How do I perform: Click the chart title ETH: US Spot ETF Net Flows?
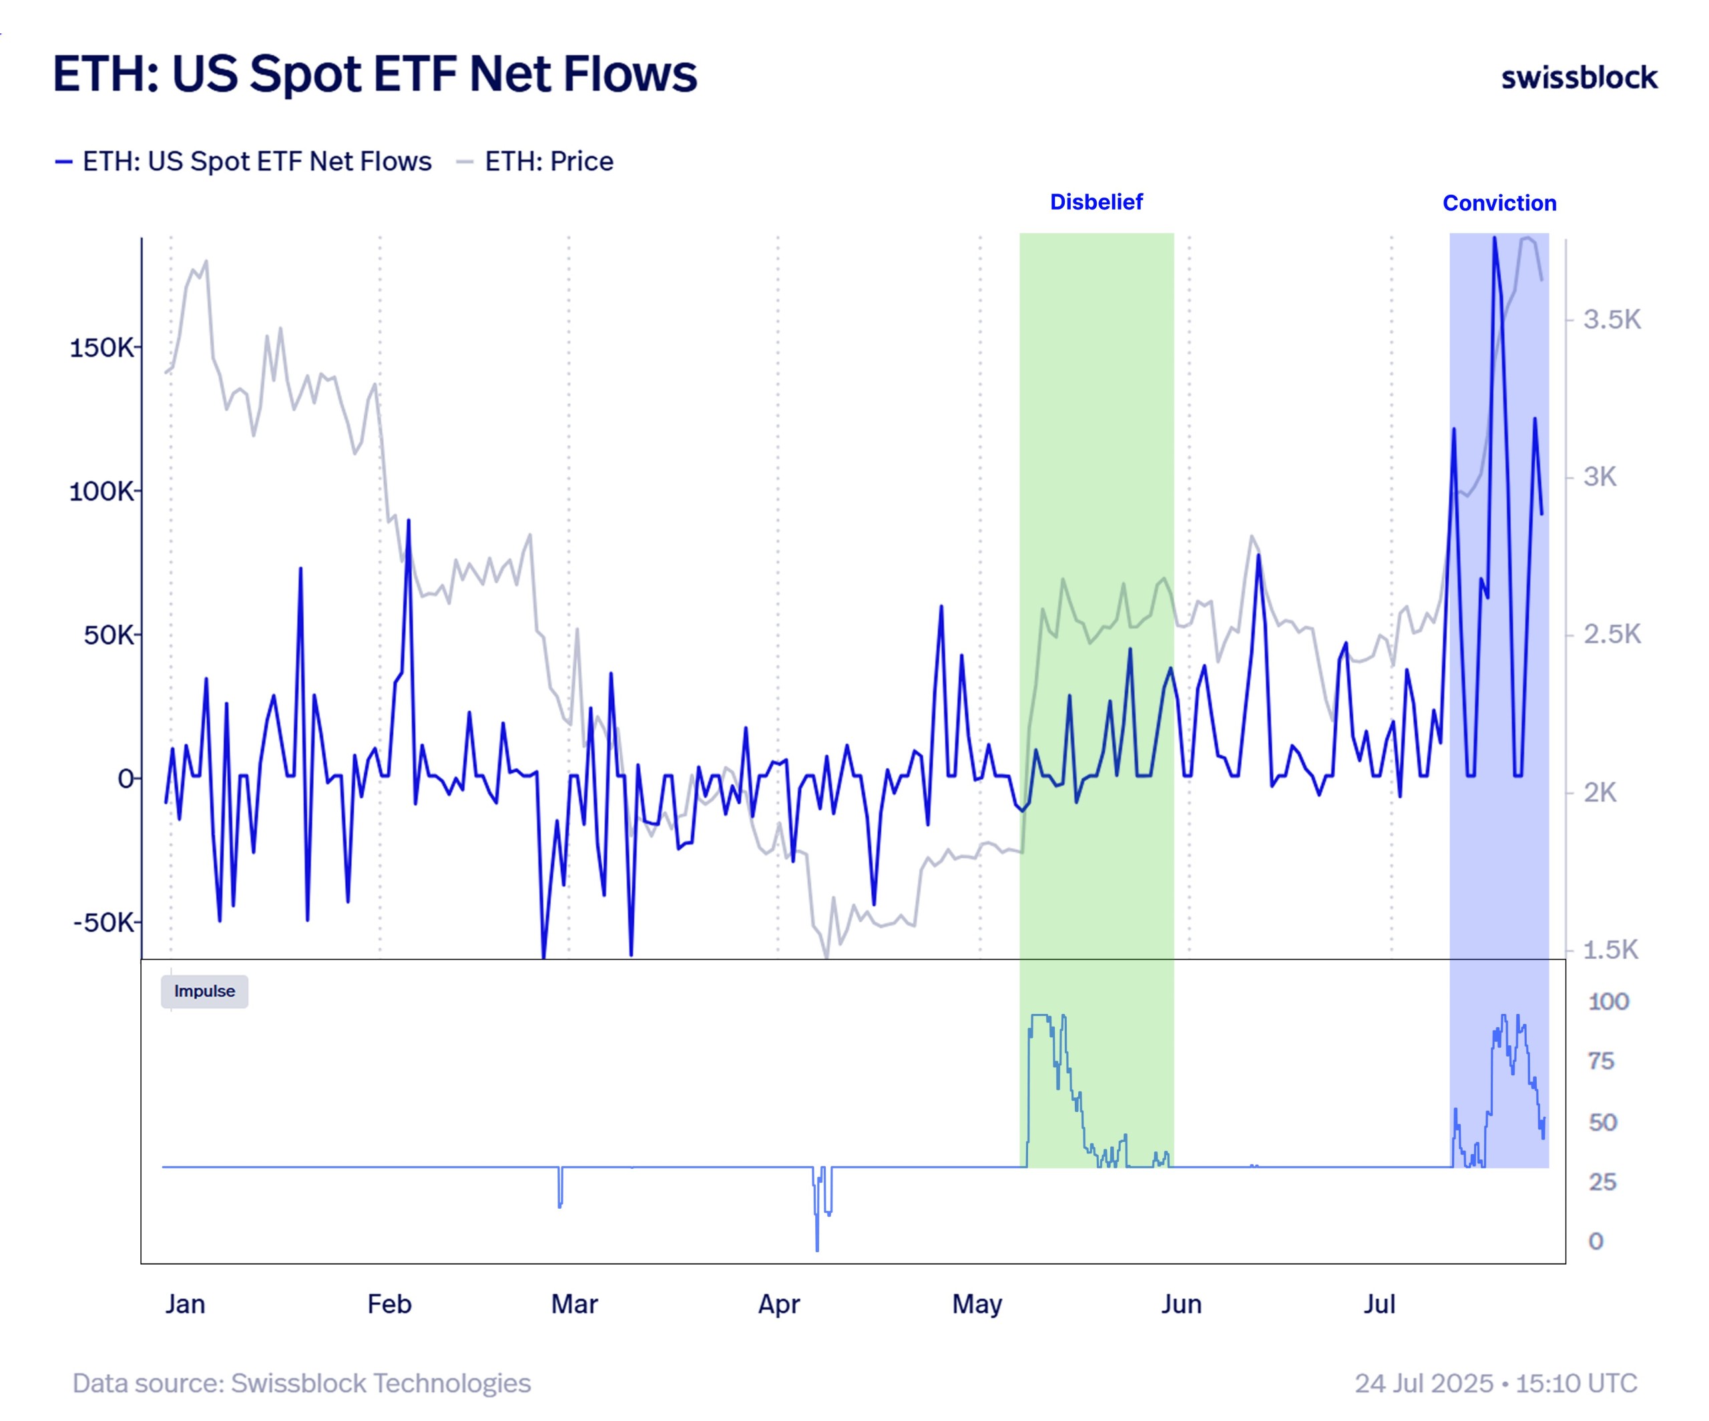point(375,74)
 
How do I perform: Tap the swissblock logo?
point(1578,77)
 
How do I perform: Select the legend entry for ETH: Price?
point(547,161)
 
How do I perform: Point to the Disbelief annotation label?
point(1095,202)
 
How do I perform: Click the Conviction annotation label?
point(1498,203)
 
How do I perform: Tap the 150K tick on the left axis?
point(101,348)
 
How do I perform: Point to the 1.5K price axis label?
point(1610,949)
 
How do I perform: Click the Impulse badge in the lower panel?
point(204,991)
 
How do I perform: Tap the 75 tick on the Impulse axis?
point(1601,1061)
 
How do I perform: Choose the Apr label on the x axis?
point(779,1304)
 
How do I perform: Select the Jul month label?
point(1379,1304)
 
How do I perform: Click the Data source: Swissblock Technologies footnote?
point(301,1383)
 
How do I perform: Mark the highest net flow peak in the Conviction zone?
point(1494,239)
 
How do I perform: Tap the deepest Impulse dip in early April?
point(817,1248)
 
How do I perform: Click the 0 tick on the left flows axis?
point(126,779)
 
